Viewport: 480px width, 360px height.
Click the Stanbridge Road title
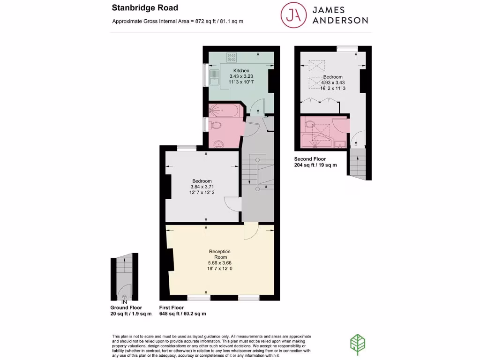138,7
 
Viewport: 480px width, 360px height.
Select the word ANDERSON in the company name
340,20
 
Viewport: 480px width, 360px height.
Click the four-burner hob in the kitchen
232,57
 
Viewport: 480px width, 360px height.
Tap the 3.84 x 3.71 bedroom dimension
202,187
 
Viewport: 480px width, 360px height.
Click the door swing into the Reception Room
251,231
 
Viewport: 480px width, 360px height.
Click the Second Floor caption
310,159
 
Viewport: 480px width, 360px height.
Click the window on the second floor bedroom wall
347,47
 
